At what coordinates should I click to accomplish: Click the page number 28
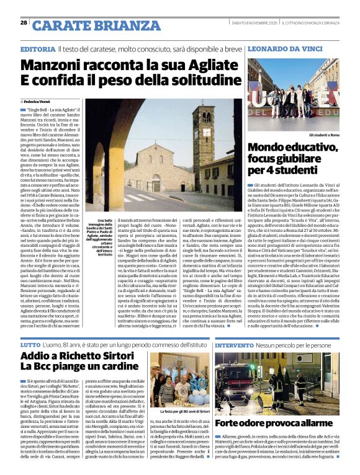click(24, 22)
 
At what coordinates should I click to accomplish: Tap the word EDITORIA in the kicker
click(37, 49)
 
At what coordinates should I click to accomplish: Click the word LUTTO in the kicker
click(30, 344)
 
